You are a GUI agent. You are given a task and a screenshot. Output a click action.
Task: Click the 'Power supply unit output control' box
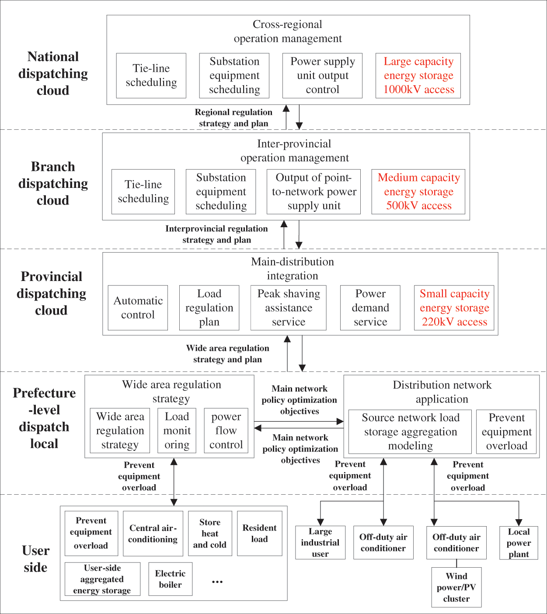pos(322,76)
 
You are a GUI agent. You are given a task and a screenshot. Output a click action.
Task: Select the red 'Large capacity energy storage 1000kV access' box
pos(418,76)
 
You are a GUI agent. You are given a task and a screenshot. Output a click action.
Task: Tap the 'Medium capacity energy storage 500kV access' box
pos(418,192)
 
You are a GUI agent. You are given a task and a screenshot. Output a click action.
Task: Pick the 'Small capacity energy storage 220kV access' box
pos(454,308)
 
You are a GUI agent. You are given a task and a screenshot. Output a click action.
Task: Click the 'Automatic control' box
pos(138,308)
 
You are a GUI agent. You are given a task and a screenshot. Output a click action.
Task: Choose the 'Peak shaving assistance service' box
pos(289,308)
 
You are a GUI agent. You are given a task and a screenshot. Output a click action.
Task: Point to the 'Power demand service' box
pos(370,308)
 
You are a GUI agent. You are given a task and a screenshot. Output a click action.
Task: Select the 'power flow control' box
pos(226,430)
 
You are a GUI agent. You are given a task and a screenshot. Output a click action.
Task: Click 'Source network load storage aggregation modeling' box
pos(410,432)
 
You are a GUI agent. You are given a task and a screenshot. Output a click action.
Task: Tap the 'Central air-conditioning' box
pos(153,534)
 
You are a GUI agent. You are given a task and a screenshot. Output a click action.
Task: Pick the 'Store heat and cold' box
pos(210,534)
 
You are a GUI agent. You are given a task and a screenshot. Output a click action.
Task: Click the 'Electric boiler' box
pos(170,579)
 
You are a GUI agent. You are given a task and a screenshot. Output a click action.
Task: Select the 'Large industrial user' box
pos(321,542)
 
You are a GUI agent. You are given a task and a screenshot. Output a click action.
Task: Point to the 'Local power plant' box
pos(519,543)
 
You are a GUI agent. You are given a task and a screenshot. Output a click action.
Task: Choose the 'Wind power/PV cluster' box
pos(456,587)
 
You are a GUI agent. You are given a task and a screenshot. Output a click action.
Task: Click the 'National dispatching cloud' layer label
pos(53,73)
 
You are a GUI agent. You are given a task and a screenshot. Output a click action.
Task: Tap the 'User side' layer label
pos(36,559)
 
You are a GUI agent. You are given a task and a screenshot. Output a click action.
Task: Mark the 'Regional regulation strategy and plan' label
pos(233,118)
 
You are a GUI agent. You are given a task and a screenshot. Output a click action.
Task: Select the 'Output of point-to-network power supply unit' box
pos(314,192)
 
